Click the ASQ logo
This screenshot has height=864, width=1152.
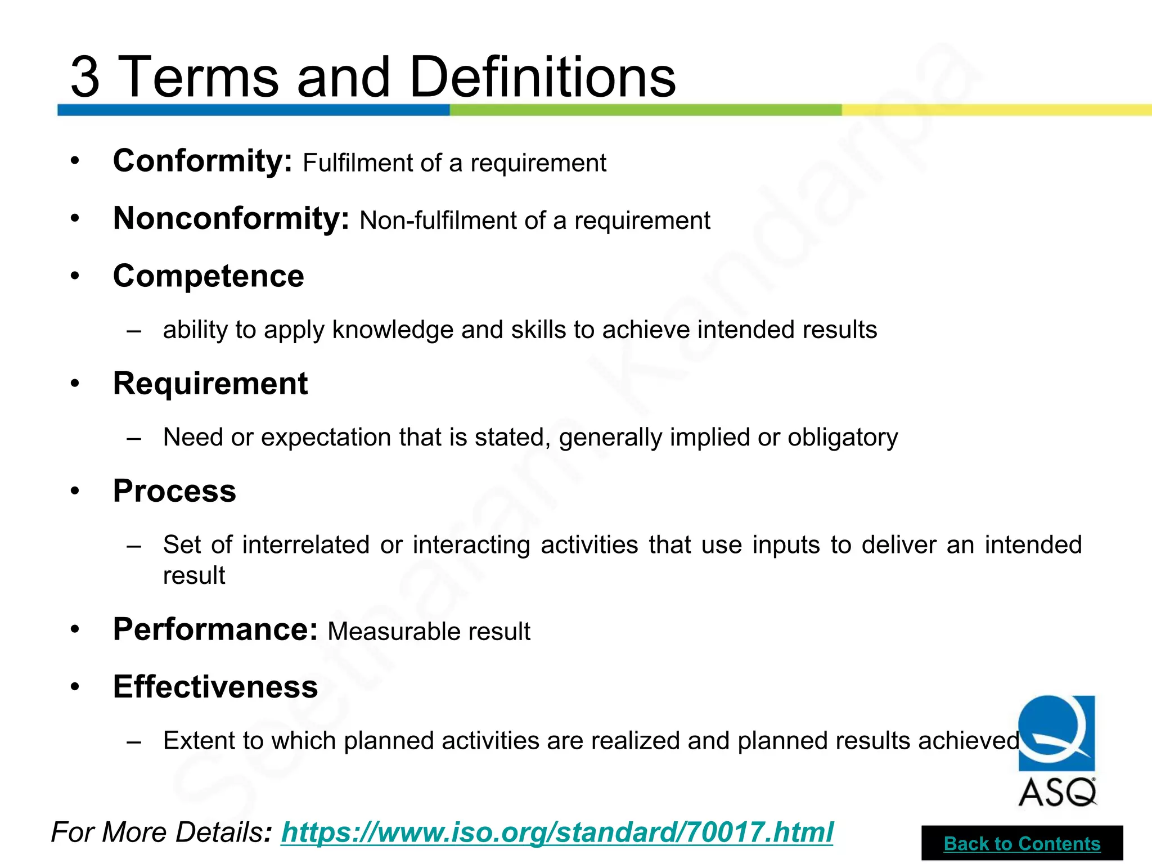[1056, 750]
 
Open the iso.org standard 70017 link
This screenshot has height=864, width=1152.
[557, 832]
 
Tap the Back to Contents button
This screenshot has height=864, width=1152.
[1022, 844]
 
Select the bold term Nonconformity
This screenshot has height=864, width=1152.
[231, 219]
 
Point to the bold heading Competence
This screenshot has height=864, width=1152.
[209, 276]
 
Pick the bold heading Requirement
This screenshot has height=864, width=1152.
[210, 384]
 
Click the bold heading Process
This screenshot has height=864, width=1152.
[174, 491]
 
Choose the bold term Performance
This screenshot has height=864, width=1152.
[215, 629]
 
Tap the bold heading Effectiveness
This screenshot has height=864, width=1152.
[215, 687]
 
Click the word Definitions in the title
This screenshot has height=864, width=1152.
[543, 76]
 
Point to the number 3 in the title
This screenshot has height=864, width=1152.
[85, 77]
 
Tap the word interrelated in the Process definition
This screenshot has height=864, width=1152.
[306, 545]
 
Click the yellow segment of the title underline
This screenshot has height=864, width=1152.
[996, 110]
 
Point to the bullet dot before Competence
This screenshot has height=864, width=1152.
[75, 276]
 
